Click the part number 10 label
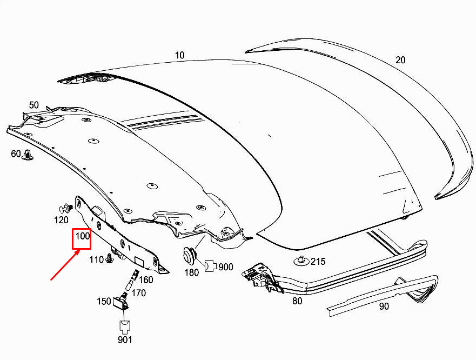(180, 55)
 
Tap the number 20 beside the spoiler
(400, 60)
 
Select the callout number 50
(34, 105)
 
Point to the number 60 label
(16, 154)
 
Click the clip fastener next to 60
(28, 155)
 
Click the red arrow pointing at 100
(65, 264)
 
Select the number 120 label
(61, 219)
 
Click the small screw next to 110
(109, 259)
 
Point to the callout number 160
(146, 280)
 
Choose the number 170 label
(139, 293)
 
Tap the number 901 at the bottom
(125, 339)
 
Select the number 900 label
(226, 268)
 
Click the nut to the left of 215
(301, 261)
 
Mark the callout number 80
(297, 301)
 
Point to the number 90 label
(384, 306)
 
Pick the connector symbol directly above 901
(125, 327)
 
